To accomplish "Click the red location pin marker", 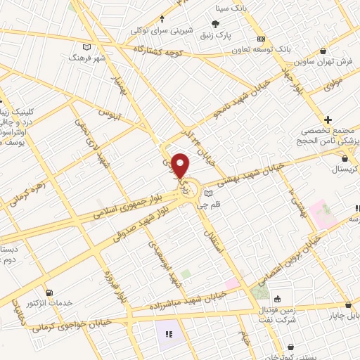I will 181,166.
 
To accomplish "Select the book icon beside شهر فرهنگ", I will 87,47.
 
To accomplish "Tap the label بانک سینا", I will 232,8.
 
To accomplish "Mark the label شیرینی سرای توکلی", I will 162,30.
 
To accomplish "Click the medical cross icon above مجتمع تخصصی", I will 328,119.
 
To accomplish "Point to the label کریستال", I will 345,171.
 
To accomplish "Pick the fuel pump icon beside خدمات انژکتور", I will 49,292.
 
